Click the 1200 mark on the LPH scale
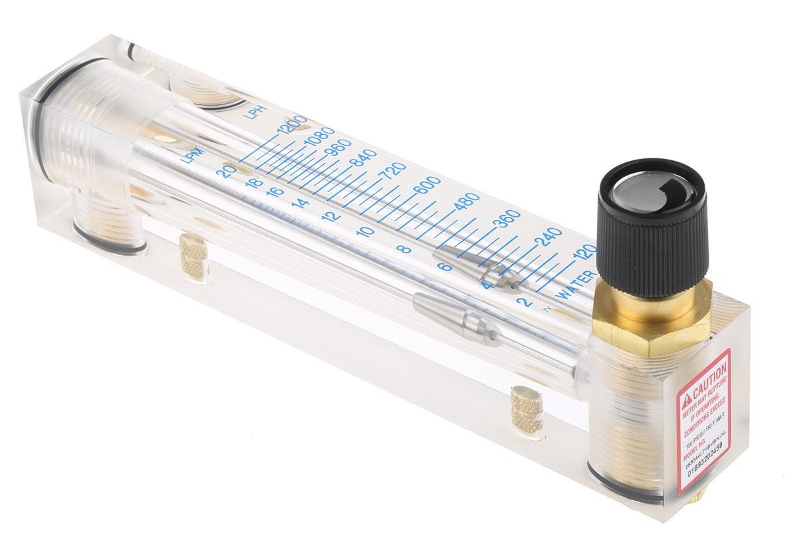[x=293, y=126]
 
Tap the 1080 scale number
[x=319, y=138]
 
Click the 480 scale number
[x=465, y=202]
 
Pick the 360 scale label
[x=507, y=220]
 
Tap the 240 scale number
[x=549, y=237]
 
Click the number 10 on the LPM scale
[x=365, y=232]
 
